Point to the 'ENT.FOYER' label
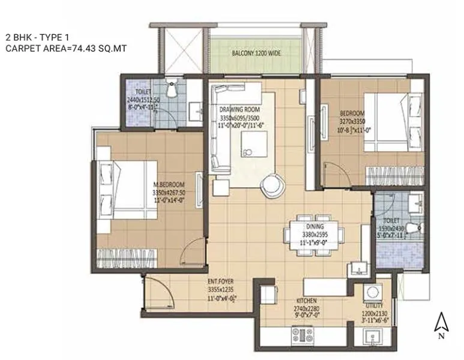point(220,281)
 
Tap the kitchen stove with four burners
point(302,334)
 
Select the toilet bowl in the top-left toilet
point(172,89)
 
